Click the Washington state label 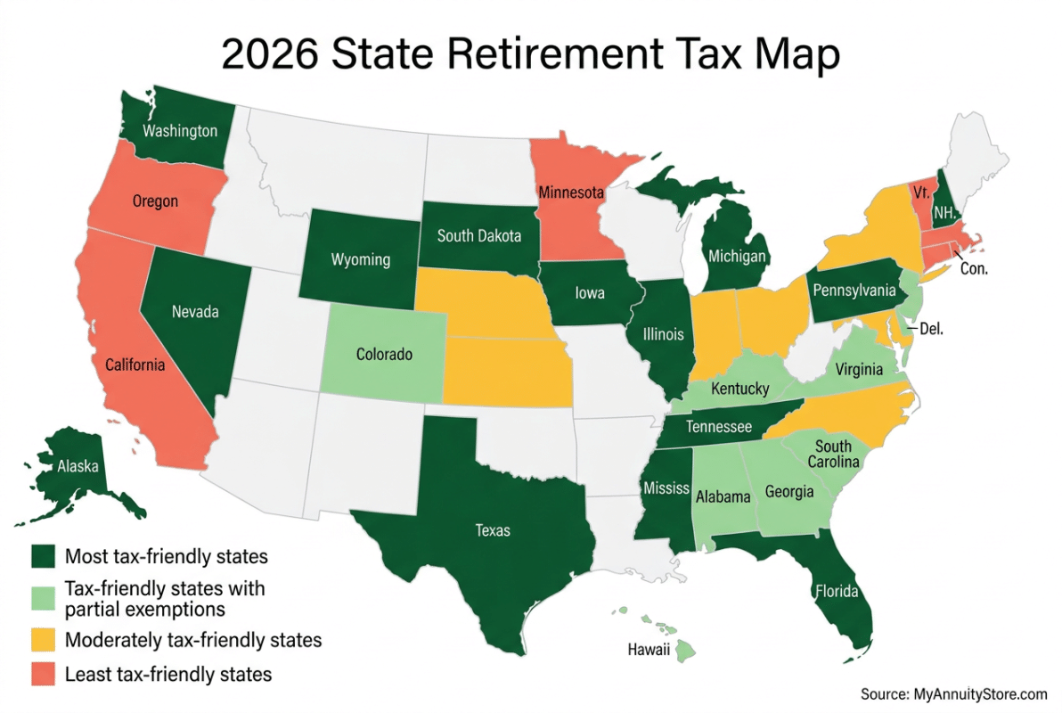(x=180, y=131)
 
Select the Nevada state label (x=196, y=312)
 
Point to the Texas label (x=493, y=530)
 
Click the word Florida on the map (x=835, y=591)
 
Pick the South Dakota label (x=478, y=236)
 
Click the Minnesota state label (x=570, y=192)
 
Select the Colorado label (x=384, y=355)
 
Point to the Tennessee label (x=718, y=427)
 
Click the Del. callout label (x=930, y=329)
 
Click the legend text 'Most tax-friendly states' (x=167, y=557)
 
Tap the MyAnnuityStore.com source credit (x=953, y=693)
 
